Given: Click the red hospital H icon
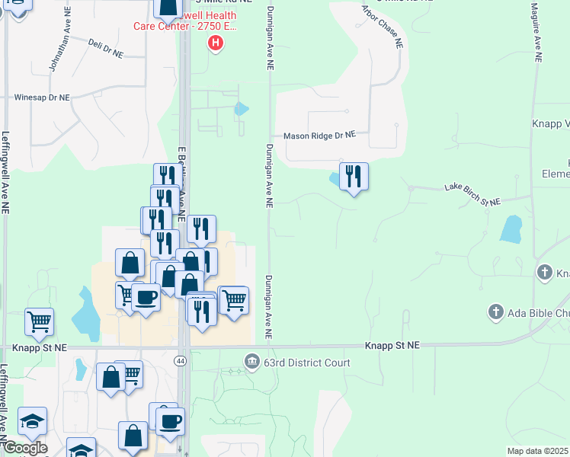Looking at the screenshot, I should point(216,43).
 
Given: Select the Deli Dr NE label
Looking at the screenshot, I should point(105,48).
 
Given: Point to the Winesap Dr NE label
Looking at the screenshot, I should point(43,97).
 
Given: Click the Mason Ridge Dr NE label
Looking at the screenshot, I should point(319,136).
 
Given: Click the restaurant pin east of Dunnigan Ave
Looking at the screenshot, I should point(354,177).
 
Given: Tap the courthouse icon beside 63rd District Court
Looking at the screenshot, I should point(251,361).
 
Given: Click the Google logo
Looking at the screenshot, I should point(25,448).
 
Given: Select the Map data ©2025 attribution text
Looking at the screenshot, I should point(538,451).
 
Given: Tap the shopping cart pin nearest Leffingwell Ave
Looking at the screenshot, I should point(39,322).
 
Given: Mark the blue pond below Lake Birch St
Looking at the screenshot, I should point(511,229).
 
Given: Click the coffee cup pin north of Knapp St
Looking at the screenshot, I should point(146,297).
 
